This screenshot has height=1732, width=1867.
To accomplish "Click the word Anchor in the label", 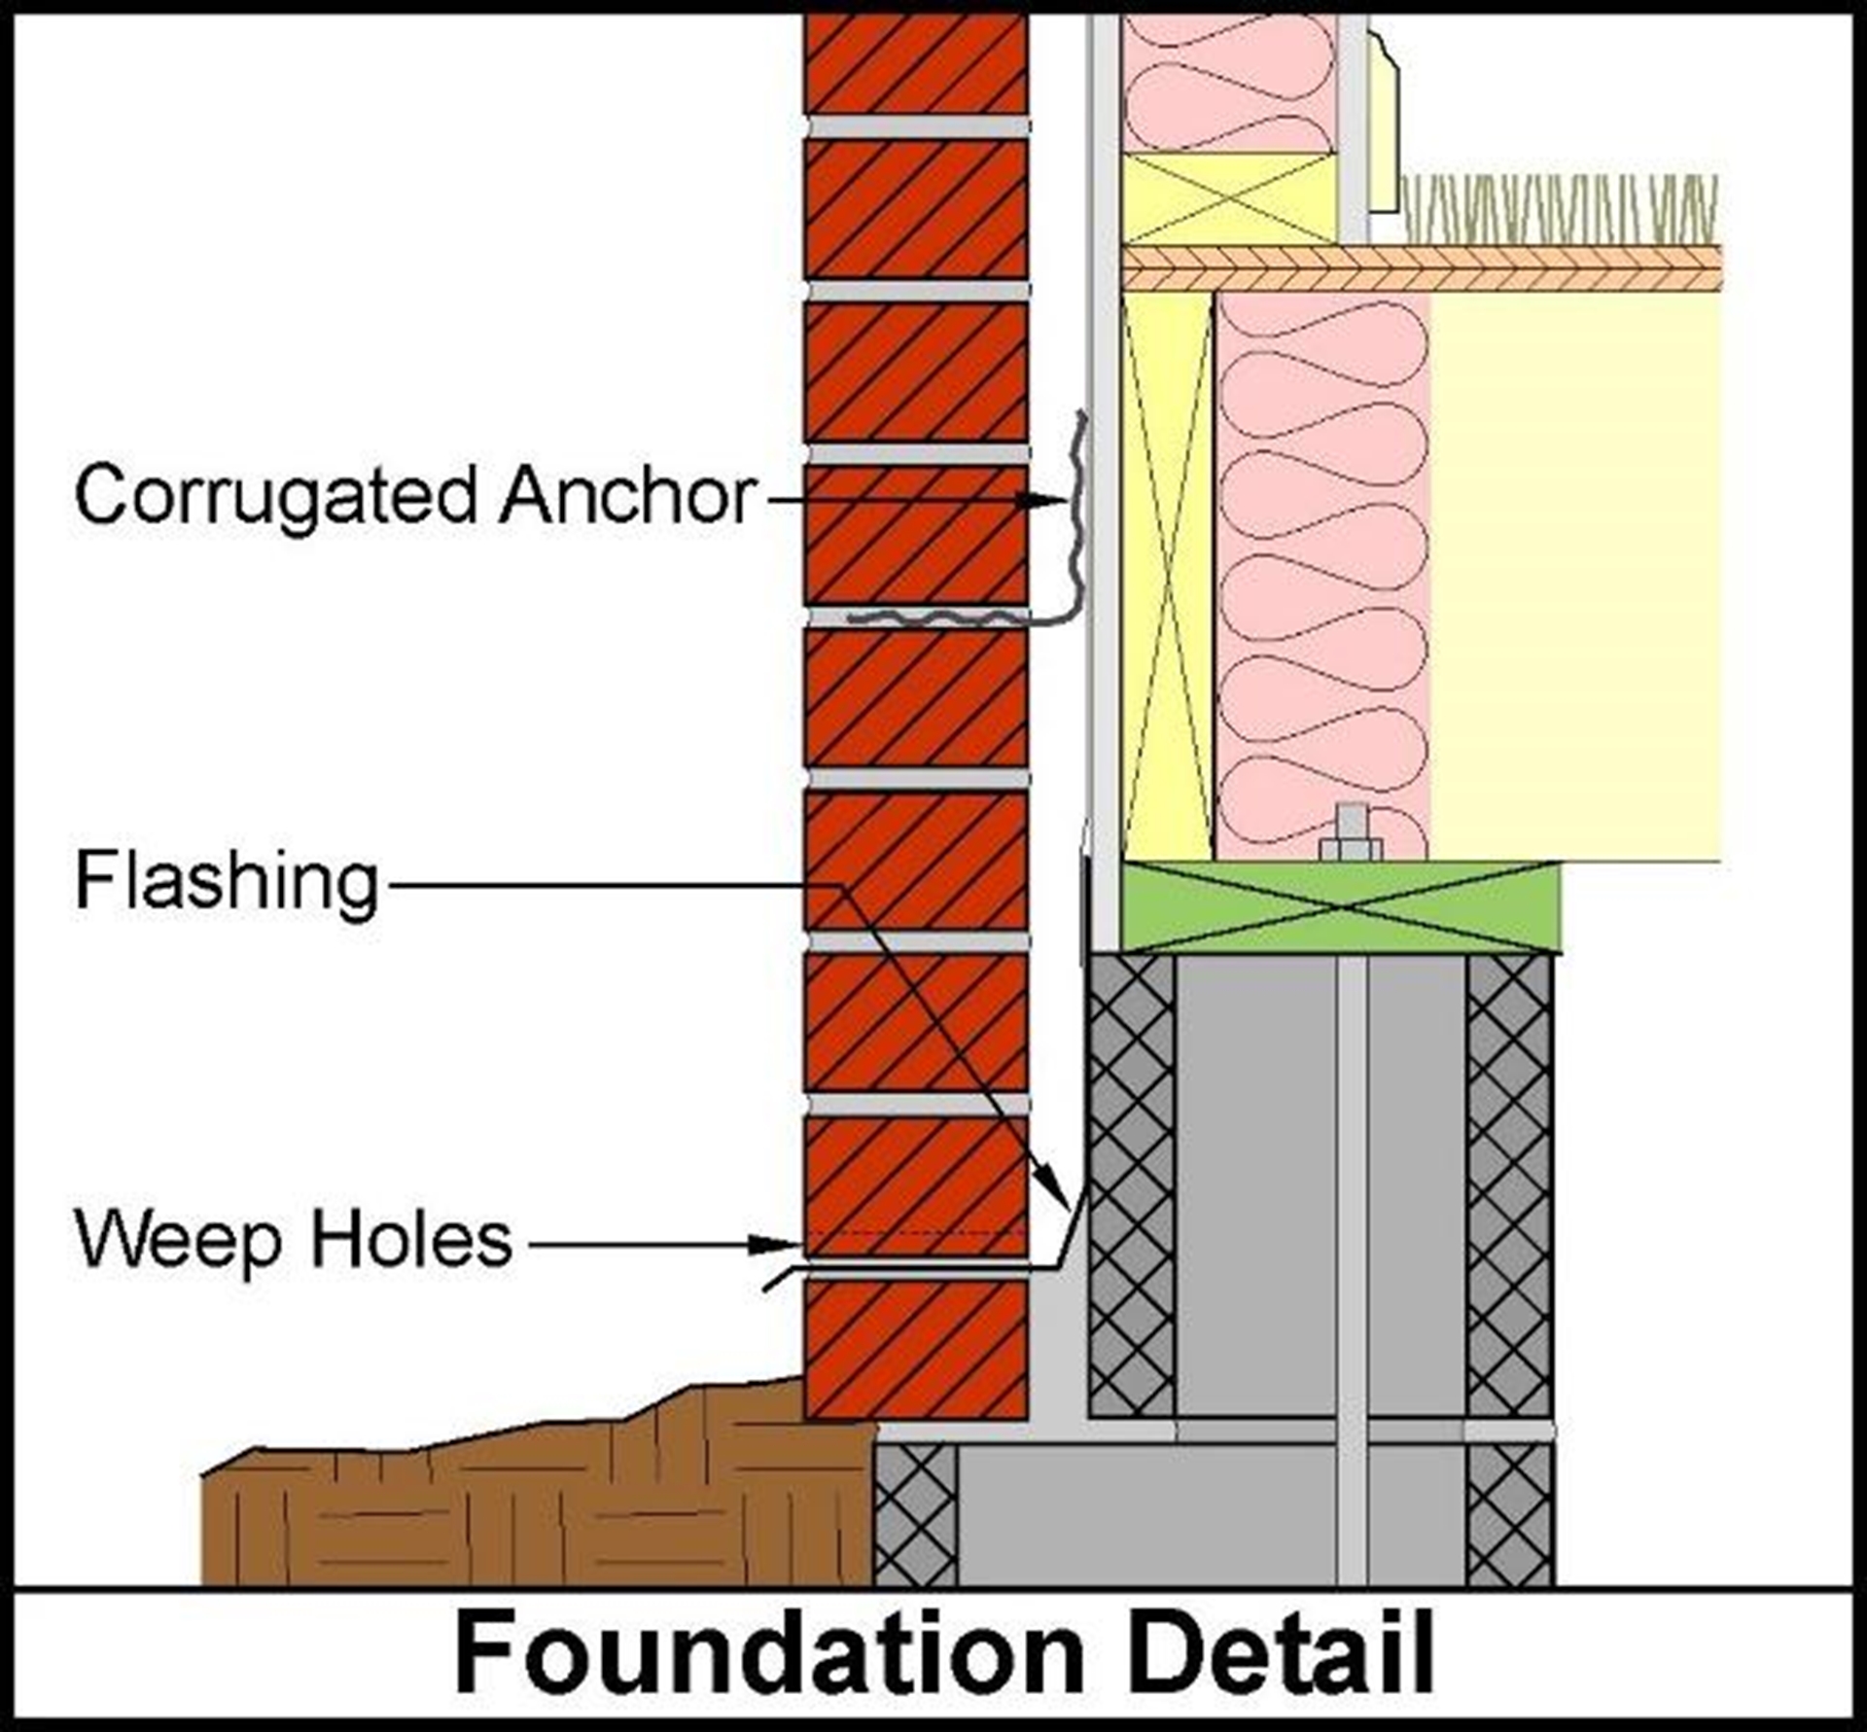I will click(x=628, y=496).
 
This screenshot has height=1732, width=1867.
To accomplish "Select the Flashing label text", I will click(x=227, y=883).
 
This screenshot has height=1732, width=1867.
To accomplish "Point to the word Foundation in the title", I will click(x=768, y=1653).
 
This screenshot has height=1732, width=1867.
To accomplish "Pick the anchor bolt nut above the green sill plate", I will click(x=1350, y=848).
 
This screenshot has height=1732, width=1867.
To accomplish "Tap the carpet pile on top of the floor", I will click(x=1556, y=208).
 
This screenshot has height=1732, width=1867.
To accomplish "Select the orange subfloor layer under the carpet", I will click(x=1420, y=268).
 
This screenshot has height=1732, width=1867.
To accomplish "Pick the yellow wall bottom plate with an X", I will click(x=1229, y=198).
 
